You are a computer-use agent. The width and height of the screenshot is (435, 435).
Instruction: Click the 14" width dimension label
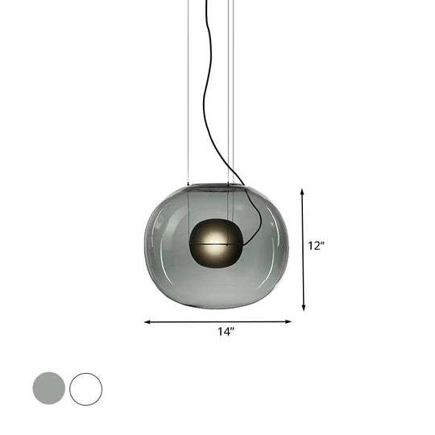pos(226,332)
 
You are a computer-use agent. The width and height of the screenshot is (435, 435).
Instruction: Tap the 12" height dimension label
pos(315,246)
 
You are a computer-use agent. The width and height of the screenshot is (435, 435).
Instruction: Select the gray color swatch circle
pos(48,388)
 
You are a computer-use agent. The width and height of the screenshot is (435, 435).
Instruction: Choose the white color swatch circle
pos(85,388)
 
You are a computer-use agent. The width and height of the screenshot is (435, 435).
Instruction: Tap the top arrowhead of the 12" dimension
pos(303,193)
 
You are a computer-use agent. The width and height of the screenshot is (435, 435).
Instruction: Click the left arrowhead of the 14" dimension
pos(147,321)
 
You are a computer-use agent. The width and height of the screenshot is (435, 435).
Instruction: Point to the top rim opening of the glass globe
pos(216,186)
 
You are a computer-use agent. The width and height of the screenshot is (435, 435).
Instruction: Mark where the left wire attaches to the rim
pos(188,184)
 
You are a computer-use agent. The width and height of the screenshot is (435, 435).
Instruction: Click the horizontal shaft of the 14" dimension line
pos(185,321)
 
